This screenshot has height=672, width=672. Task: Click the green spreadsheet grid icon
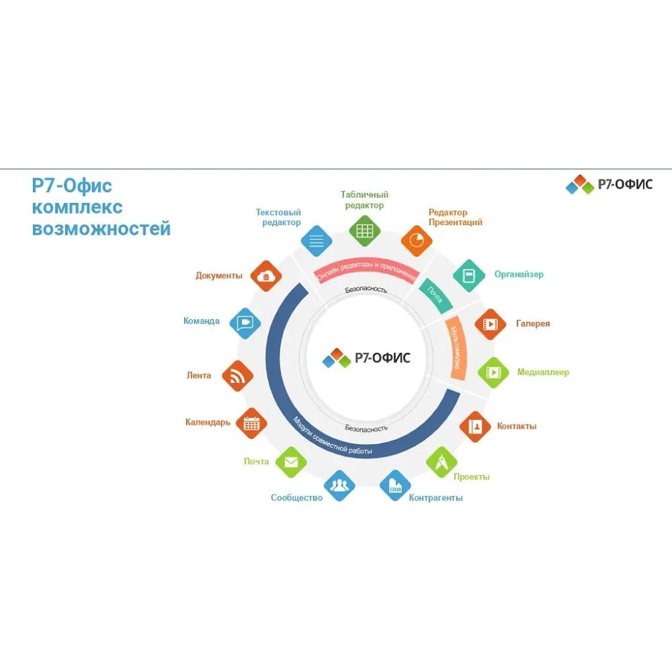tap(364, 231)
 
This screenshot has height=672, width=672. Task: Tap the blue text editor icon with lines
tap(317, 241)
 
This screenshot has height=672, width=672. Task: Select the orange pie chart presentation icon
tap(416, 241)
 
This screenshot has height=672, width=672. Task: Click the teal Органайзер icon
tap(469, 276)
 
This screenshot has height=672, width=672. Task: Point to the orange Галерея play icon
tap(491, 324)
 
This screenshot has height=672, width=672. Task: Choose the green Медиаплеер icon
tap(493, 372)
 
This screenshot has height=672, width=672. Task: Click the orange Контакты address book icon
tap(475, 427)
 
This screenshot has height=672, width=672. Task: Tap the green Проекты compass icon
tap(442, 462)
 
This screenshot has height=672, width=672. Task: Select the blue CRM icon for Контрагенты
tap(395, 486)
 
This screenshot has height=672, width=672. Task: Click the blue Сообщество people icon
tap(339, 486)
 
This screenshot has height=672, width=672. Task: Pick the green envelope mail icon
tap(291, 462)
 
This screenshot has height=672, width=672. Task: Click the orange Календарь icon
tap(251, 423)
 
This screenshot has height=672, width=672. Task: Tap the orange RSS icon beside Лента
tap(237, 376)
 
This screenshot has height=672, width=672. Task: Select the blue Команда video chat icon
tap(245, 323)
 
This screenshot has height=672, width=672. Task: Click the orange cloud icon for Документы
tap(266, 276)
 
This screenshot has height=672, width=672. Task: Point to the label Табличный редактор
tap(364, 200)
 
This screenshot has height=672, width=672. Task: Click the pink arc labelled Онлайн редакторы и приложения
tap(366, 265)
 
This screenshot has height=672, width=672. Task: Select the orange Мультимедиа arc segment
tap(457, 347)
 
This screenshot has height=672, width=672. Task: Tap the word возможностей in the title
tap(101, 229)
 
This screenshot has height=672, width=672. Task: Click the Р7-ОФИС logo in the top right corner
tap(609, 185)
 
